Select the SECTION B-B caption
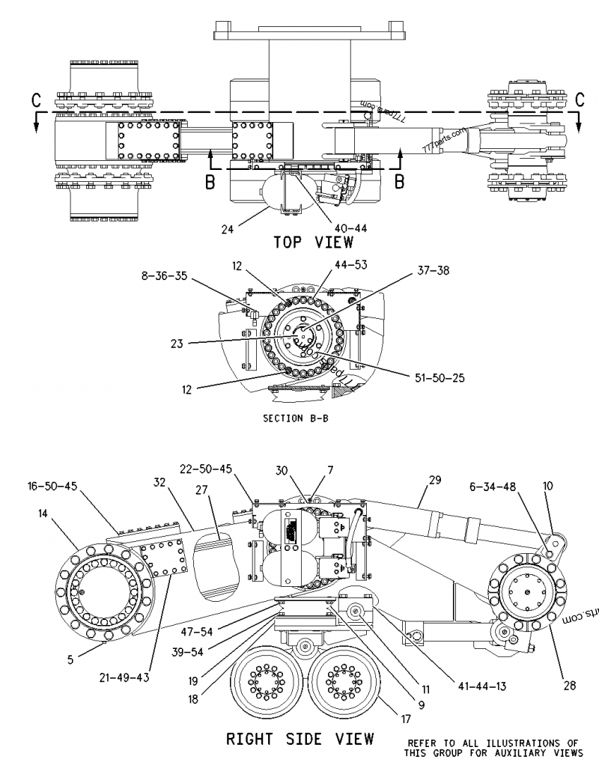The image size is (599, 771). [295, 418]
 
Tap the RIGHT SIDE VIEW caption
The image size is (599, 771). [299, 740]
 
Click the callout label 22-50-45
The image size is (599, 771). [206, 469]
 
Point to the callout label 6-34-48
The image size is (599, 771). [513, 486]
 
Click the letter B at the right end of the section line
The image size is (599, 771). [400, 180]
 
